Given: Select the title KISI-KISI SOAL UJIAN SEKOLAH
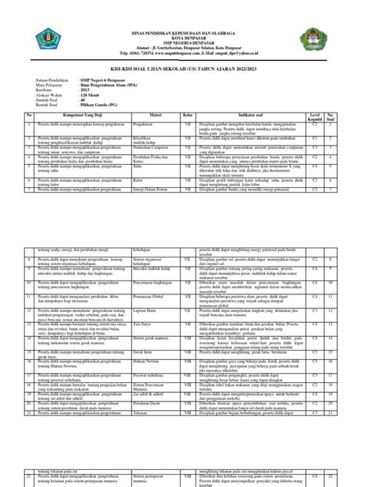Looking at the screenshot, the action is [x=182, y=72].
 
